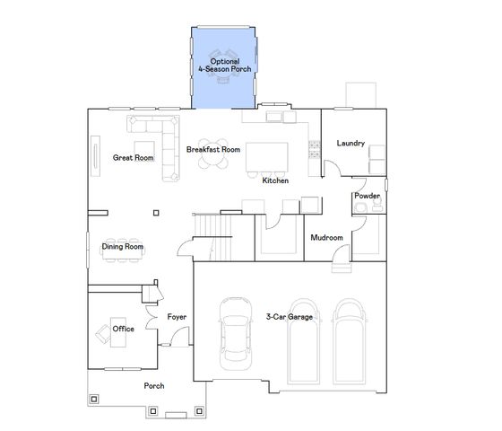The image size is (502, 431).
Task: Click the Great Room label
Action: pos(133,158)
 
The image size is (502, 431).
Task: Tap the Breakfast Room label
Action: pos(212,149)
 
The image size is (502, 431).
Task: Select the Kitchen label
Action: pos(275,181)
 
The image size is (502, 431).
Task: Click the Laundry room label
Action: pos(351,144)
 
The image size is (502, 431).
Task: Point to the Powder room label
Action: pos(367,196)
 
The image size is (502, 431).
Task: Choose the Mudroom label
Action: pos(326,238)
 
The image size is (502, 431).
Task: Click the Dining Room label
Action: pos(122,247)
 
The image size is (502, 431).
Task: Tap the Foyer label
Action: pos(177,317)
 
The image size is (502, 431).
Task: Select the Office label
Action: pos(124,329)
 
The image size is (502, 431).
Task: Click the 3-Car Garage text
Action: pos(289,317)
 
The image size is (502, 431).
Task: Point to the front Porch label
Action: pos(154,386)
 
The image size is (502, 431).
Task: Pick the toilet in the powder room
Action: pos(359,208)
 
